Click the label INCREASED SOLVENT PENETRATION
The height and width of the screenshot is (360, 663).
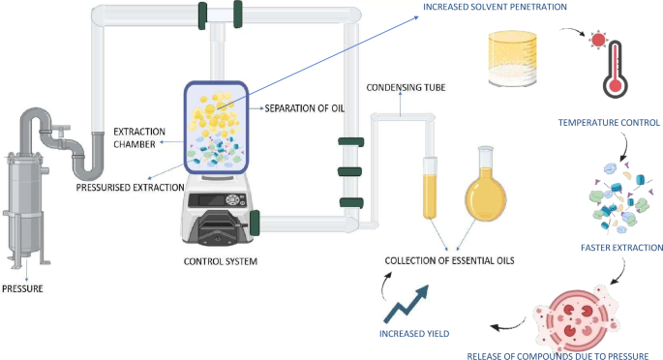point(494,8)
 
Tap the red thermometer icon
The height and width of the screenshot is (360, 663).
point(614,74)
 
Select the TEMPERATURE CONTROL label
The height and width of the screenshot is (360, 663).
point(609,123)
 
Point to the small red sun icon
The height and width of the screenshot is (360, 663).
point(597,41)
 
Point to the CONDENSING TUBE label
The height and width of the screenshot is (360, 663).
point(405,88)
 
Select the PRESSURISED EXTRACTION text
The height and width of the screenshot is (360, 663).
point(131,186)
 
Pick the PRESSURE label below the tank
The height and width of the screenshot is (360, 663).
point(22,287)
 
